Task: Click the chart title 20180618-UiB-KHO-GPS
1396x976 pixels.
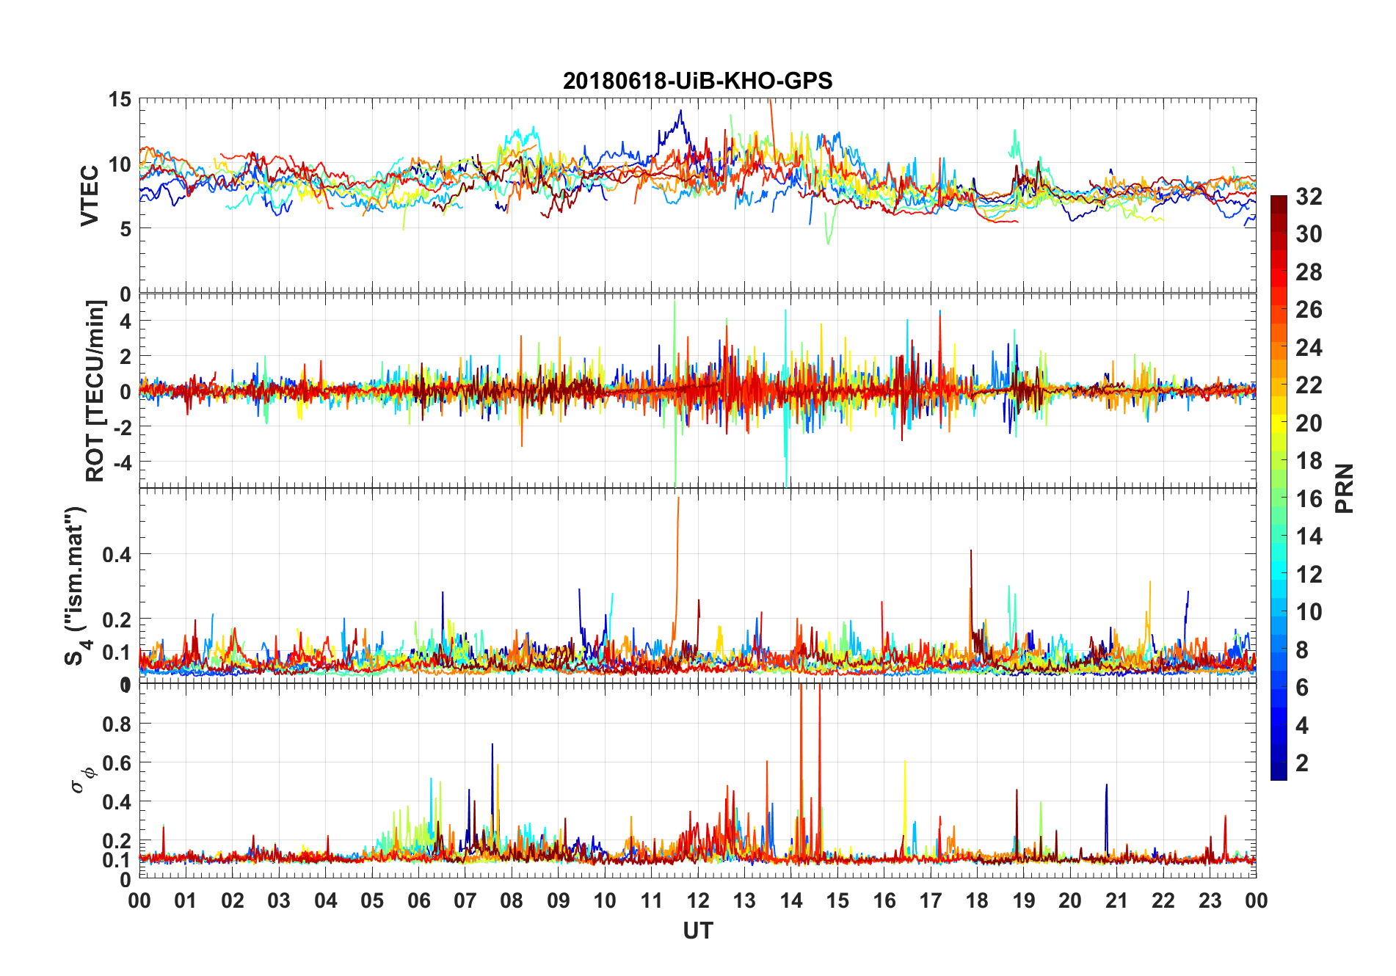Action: point(697,81)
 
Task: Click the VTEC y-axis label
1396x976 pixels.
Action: point(90,196)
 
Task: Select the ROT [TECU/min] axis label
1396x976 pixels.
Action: point(95,390)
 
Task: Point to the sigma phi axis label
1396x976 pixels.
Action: point(82,779)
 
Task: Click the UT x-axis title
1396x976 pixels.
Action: point(697,931)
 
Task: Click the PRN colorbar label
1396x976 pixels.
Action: point(1344,488)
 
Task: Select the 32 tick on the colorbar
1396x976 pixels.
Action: point(1309,196)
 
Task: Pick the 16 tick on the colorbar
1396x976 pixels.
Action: point(1309,499)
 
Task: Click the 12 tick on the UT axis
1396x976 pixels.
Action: point(698,900)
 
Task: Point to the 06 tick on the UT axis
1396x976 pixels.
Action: point(418,900)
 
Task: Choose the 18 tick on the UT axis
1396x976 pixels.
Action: point(977,900)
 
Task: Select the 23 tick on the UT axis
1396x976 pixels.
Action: point(1210,900)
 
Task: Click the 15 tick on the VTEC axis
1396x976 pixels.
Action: point(120,99)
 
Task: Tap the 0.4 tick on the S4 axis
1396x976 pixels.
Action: point(117,554)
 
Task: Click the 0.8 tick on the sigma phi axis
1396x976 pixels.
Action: point(117,724)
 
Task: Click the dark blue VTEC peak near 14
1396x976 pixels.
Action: point(681,112)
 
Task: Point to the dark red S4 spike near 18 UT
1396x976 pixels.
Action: point(971,552)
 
